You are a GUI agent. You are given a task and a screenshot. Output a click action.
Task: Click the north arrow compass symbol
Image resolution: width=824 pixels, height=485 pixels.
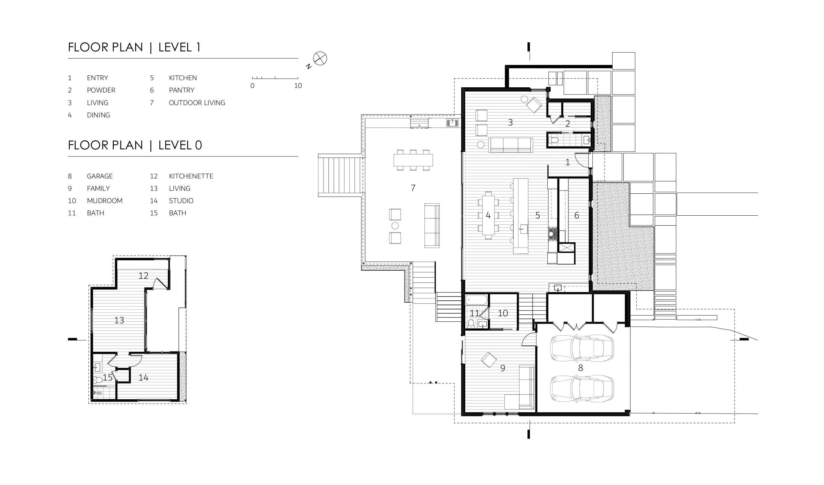click(320, 59)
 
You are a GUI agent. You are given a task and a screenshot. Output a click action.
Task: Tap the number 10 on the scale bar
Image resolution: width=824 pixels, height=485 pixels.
click(298, 86)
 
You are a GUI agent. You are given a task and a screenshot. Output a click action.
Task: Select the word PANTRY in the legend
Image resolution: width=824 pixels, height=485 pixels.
click(182, 90)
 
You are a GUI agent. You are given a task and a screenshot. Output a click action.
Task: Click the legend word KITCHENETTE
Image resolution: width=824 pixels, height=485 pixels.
click(191, 176)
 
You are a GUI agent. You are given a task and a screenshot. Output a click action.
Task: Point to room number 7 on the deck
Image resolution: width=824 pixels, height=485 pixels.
click(413, 188)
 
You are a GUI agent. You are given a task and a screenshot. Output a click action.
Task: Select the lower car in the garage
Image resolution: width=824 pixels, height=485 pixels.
click(582, 389)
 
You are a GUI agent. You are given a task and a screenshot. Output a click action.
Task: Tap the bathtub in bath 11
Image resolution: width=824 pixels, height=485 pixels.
click(476, 300)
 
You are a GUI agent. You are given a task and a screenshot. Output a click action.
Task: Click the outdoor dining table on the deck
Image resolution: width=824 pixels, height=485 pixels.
click(413, 160)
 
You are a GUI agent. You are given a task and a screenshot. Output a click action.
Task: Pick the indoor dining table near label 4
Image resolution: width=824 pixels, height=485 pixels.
click(488, 215)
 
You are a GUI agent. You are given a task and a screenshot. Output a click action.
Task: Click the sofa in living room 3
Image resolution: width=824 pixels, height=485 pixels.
click(511, 145)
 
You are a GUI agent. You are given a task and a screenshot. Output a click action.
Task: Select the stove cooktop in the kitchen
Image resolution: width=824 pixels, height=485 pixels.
click(553, 234)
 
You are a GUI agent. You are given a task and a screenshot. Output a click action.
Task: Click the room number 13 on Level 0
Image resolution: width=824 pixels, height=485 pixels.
click(119, 320)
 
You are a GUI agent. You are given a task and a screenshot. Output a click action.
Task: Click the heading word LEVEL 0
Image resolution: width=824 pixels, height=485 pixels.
click(180, 145)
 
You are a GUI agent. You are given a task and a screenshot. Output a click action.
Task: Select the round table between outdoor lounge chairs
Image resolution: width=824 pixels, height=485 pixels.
click(395, 225)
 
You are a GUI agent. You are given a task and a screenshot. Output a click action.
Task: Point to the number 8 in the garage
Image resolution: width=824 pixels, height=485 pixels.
click(580, 368)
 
